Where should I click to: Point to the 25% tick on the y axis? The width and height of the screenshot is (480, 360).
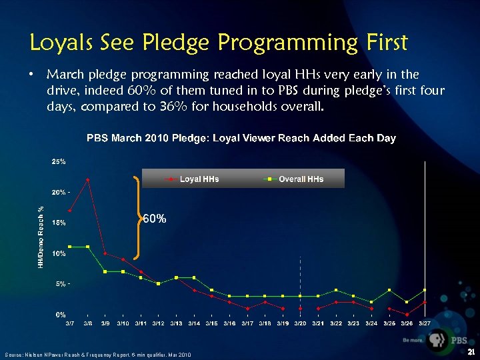(59, 161)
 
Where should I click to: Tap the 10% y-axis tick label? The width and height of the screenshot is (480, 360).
(59, 253)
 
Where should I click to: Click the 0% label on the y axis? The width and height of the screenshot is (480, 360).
(60, 314)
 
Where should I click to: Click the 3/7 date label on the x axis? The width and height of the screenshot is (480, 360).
(69, 323)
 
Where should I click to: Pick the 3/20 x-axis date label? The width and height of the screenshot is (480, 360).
(300, 323)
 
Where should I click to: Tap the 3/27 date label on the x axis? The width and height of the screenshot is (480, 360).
(424, 323)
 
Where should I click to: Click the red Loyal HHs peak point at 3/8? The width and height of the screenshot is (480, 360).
(87, 179)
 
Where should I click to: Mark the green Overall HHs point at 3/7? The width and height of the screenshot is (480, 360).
(69, 247)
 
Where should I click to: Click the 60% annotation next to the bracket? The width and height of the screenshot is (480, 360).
(155, 219)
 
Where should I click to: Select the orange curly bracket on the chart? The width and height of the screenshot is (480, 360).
(139, 217)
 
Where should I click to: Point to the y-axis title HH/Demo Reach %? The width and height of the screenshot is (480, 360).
(41, 237)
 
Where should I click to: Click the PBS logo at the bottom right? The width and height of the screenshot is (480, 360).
(446, 341)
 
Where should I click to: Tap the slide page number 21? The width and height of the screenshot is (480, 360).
(471, 352)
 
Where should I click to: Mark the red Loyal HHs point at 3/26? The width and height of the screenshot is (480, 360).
(407, 315)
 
